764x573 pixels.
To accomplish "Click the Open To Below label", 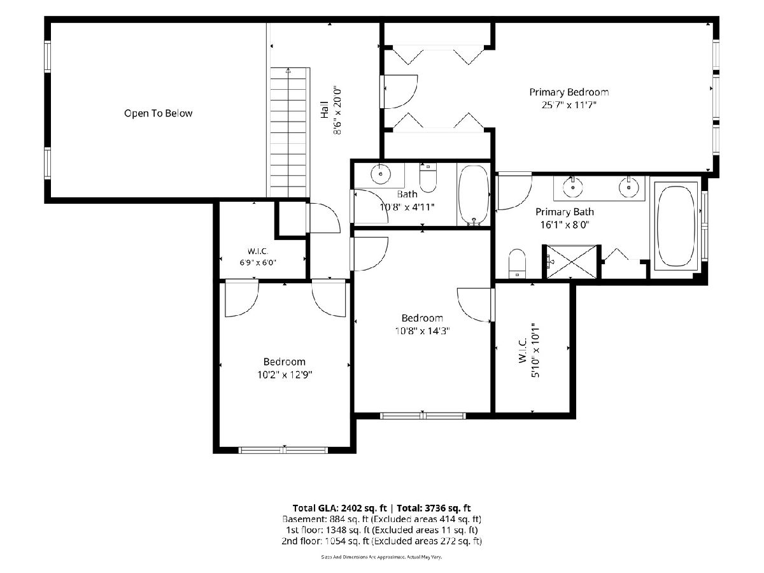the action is click(x=158, y=113).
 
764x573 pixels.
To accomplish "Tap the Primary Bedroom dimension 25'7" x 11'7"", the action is click(x=569, y=104).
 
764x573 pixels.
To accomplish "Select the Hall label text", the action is click(x=325, y=110).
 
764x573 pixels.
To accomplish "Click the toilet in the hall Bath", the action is click(x=428, y=178).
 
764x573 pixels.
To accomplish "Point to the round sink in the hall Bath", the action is click(x=381, y=174).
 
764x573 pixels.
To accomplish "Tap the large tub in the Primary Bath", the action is click(x=676, y=227).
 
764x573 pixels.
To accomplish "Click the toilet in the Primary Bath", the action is click(x=517, y=264).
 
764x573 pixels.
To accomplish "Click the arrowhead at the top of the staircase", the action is click(x=288, y=71).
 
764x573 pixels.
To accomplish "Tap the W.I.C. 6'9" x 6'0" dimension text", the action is click(x=258, y=262).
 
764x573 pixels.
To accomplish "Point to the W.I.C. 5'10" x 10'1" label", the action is click(x=528, y=350).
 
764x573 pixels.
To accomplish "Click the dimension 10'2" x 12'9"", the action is click(x=285, y=375).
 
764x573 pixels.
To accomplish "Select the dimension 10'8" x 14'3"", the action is click(x=422, y=330).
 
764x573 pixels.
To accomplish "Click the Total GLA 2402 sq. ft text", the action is click(x=339, y=508).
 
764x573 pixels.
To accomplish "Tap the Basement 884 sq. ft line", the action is click(x=381, y=520).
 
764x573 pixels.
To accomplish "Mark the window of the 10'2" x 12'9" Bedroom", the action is click(x=283, y=450).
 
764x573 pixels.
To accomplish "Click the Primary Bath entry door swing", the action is click(x=514, y=192).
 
